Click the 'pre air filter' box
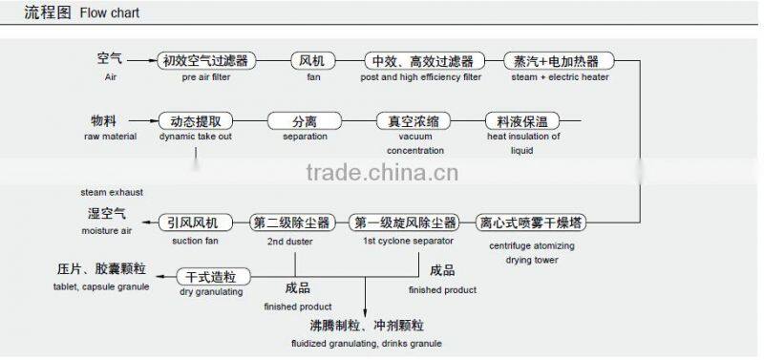pyautogui.click(x=207, y=61)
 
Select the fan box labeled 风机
pyautogui.click(x=313, y=61)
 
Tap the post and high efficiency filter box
pyautogui.click(x=424, y=61)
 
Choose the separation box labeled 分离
pyautogui.click(x=305, y=121)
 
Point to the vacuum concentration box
pyautogui.click(x=414, y=121)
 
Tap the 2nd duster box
pyautogui.click(x=291, y=222)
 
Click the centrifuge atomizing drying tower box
pyautogui.click(x=531, y=222)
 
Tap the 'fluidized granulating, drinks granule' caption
pyautogui.click(x=369, y=343)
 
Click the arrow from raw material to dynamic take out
pyautogui.click(x=144, y=121)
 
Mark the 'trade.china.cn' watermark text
pyautogui.click(x=383, y=173)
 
